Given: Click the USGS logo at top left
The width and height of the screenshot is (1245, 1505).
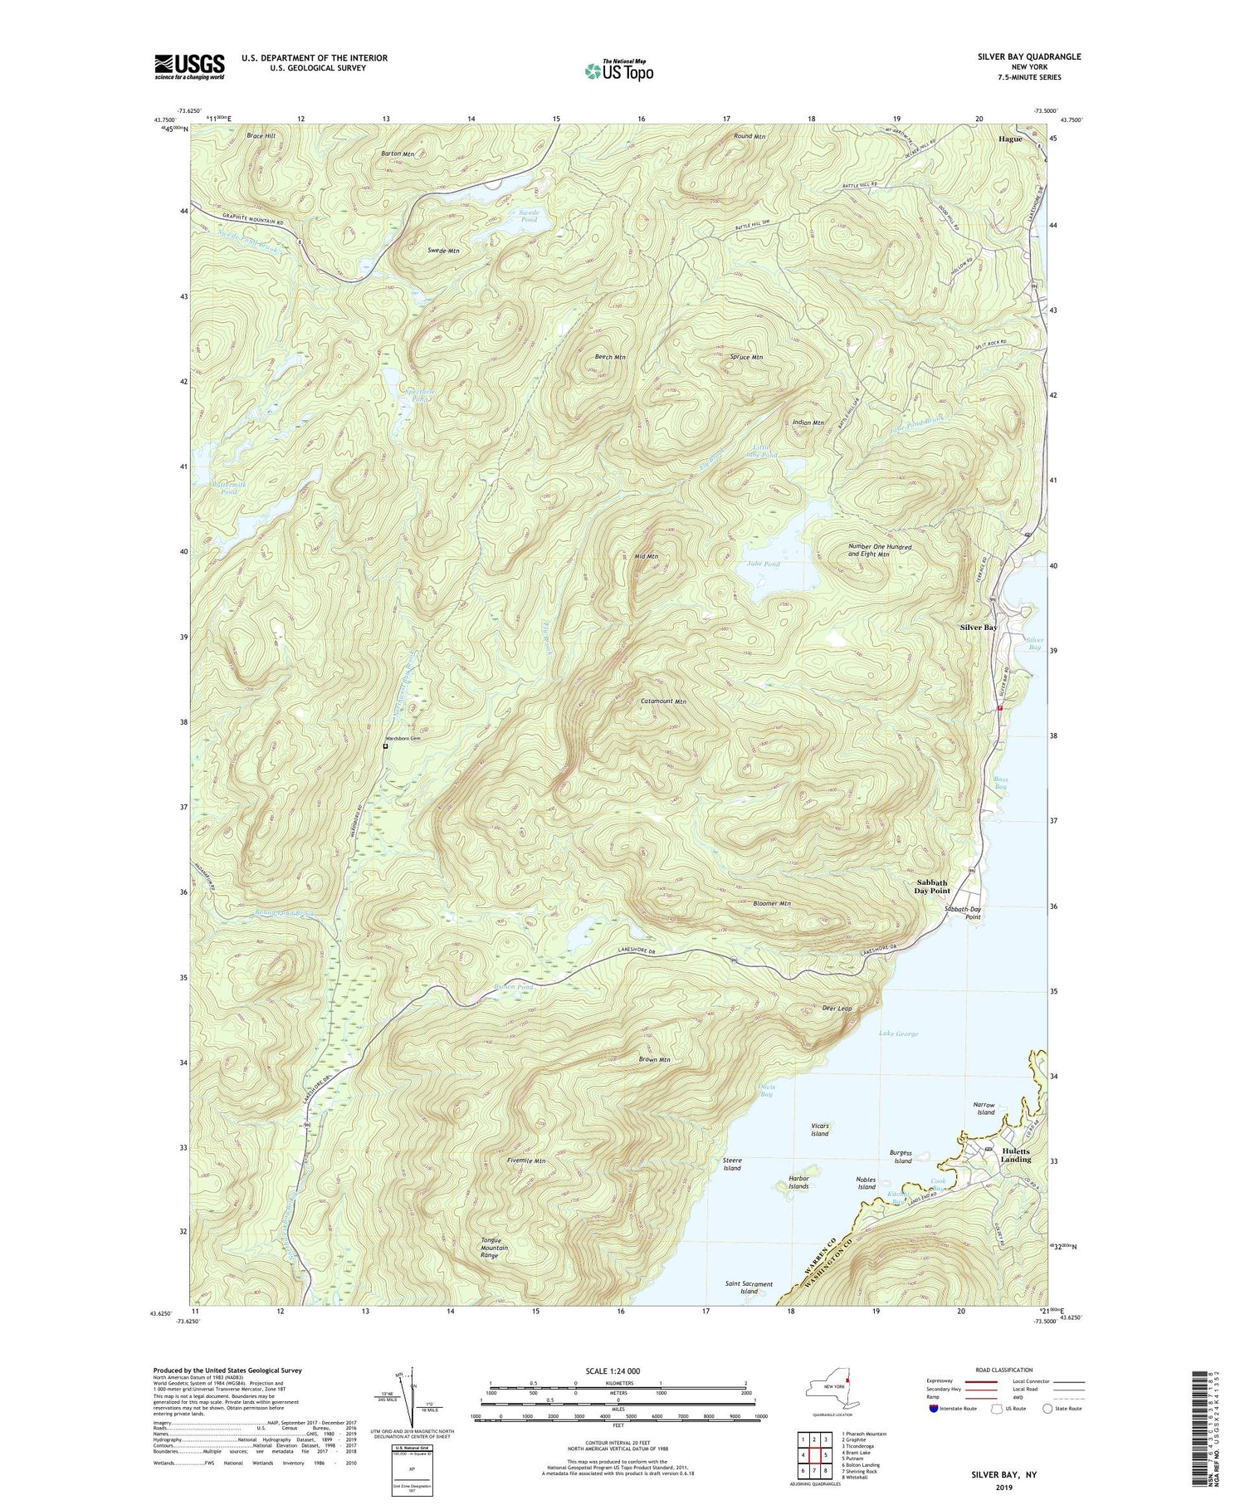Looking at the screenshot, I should tap(189, 66).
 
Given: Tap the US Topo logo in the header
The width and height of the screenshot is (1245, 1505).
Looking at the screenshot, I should tap(618, 71).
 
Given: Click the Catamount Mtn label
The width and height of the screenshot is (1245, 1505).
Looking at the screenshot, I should tap(664, 701).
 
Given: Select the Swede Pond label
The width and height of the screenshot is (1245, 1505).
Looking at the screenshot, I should tap(529, 217).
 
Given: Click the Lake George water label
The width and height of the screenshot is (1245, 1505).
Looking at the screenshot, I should tap(898, 1033).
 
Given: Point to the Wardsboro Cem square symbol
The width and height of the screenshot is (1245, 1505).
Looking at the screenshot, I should tap(385, 746).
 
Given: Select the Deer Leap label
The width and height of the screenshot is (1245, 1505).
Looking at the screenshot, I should tap(836, 1008).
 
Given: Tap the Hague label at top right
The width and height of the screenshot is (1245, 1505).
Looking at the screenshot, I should tap(1010, 139).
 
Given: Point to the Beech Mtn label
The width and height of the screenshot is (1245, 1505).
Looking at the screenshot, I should tap(610, 357).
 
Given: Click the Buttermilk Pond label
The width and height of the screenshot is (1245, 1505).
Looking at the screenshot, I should tap(217, 488).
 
